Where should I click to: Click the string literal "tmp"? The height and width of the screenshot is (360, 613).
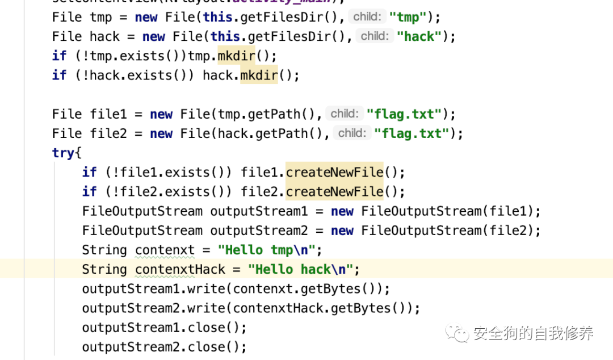(x=408, y=17)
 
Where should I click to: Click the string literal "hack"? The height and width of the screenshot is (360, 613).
(x=419, y=36)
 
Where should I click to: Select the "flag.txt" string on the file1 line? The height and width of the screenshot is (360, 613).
(x=404, y=114)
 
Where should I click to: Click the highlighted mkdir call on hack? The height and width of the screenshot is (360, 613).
(x=259, y=75)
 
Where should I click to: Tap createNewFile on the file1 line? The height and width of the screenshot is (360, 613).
(x=334, y=172)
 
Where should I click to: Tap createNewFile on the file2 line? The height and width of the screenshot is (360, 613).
(x=334, y=191)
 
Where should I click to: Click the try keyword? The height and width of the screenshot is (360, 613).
(x=63, y=153)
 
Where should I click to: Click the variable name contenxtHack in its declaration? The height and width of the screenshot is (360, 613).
(x=180, y=269)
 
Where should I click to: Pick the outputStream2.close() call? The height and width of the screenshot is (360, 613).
(x=165, y=346)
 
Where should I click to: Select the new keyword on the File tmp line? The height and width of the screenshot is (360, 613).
(x=146, y=17)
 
